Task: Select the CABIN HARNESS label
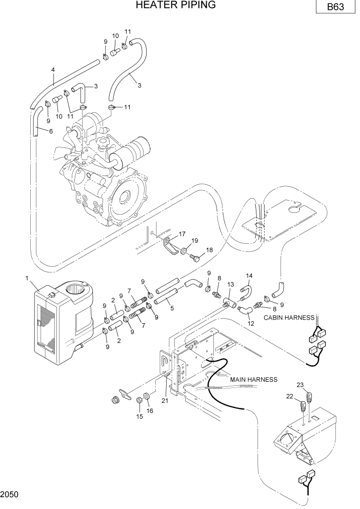[x=288, y=318]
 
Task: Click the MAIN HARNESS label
[x=253, y=380]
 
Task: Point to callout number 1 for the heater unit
[x=27, y=278]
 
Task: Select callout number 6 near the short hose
[x=51, y=131]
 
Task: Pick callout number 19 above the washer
[x=194, y=240]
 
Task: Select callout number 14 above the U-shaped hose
[x=250, y=276]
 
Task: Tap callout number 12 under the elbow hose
[x=251, y=323]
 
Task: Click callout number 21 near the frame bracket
[x=165, y=401]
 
